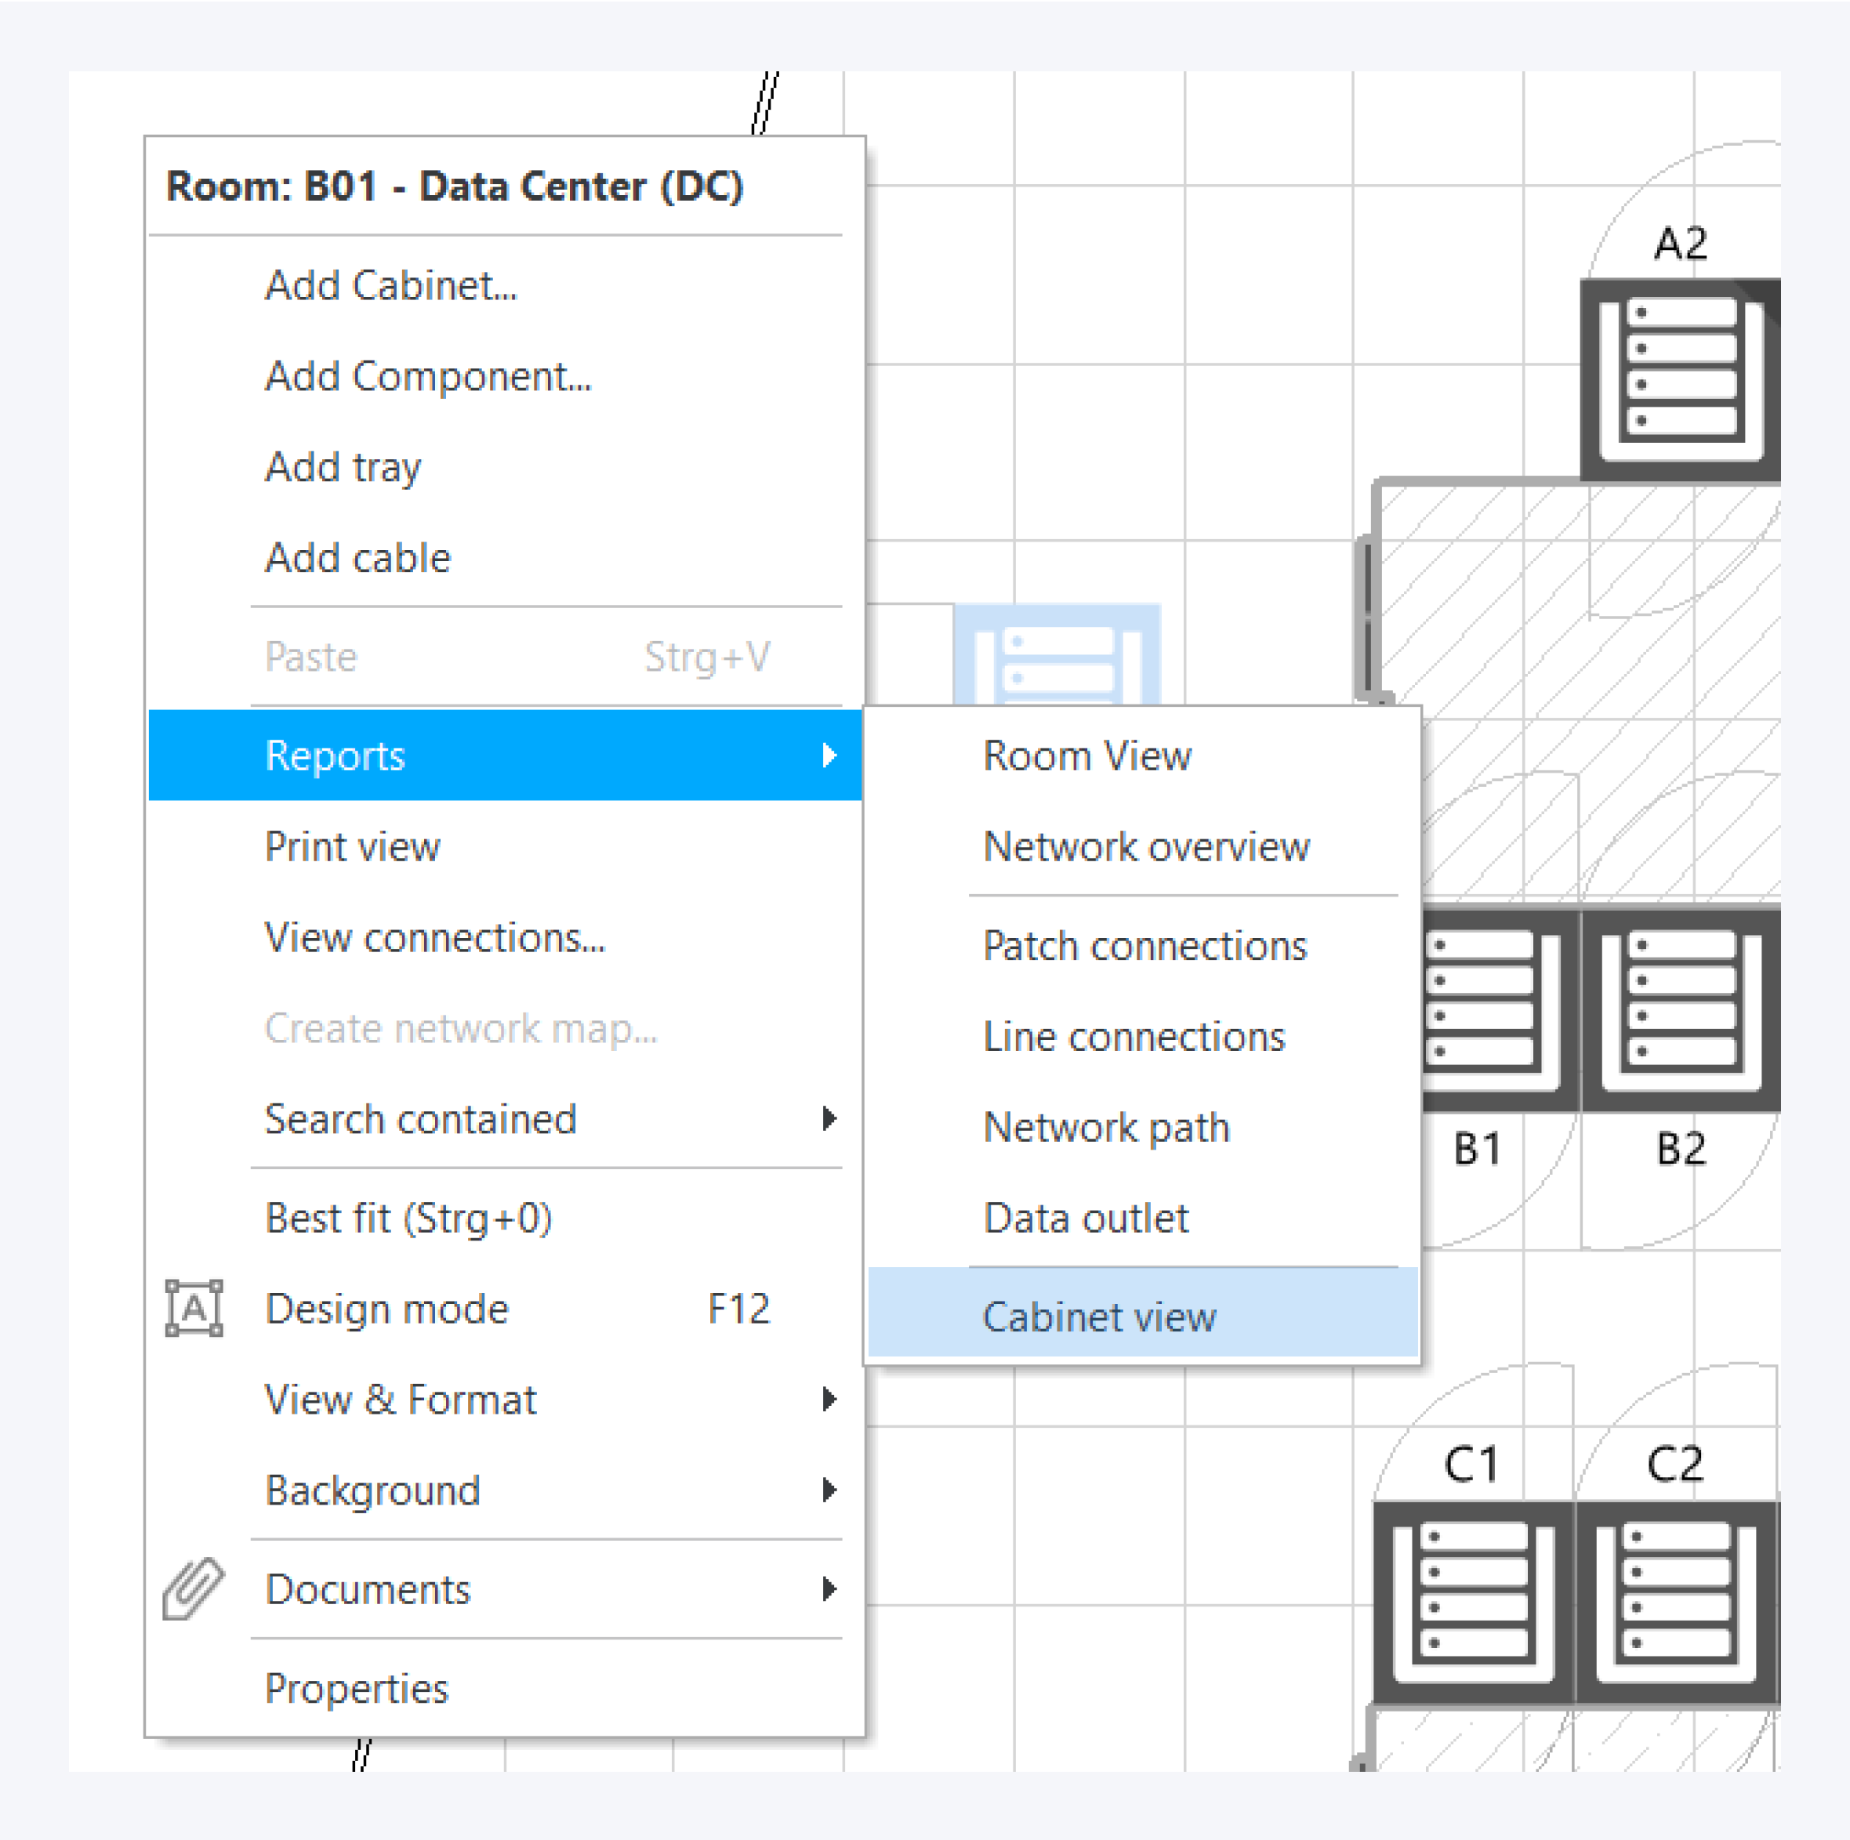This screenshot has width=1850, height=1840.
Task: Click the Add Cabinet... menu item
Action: tap(390, 285)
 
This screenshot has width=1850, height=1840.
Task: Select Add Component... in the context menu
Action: tap(428, 376)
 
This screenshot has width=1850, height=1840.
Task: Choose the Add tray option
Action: tap(343, 467)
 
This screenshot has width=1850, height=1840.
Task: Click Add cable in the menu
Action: tap(357, 557)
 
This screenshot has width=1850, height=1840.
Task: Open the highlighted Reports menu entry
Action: tap(505, 755)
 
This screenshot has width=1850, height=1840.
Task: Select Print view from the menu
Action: tap(353, 846)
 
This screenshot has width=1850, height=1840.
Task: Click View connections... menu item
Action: tap(435, 937)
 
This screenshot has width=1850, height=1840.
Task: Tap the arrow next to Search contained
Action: tap(829, 1118)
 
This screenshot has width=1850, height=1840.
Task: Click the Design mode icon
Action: tap(194, 1308)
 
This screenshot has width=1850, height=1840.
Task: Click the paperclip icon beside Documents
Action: tap(193, 1589)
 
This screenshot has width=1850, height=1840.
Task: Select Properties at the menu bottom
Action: tap(356, 1689)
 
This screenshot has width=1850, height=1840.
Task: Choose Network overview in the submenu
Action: tap(1146, 846)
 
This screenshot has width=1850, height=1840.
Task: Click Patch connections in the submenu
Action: tap(1144, 946)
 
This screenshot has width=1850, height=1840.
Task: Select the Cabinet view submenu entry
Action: tap(1099, 1317)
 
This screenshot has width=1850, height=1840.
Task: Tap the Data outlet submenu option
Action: tap(1086, 1219)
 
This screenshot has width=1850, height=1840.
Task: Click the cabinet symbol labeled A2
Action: tap(1681, 380)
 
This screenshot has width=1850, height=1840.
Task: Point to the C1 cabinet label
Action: tap(1471, 1465)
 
